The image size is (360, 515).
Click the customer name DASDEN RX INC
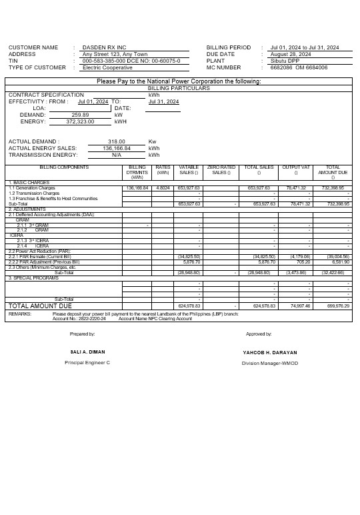[104, 47]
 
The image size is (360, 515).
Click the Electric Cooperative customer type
[107, 67]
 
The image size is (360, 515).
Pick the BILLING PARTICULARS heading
[179, 88]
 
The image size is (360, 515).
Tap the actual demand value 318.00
[117, 141]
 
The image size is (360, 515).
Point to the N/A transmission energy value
[117, 154]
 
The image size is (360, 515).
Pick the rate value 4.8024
[163, 188]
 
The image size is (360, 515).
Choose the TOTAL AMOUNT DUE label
[39, 306]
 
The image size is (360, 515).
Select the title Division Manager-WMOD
[270, 363]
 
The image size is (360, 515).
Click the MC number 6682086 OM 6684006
[299, 67]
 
